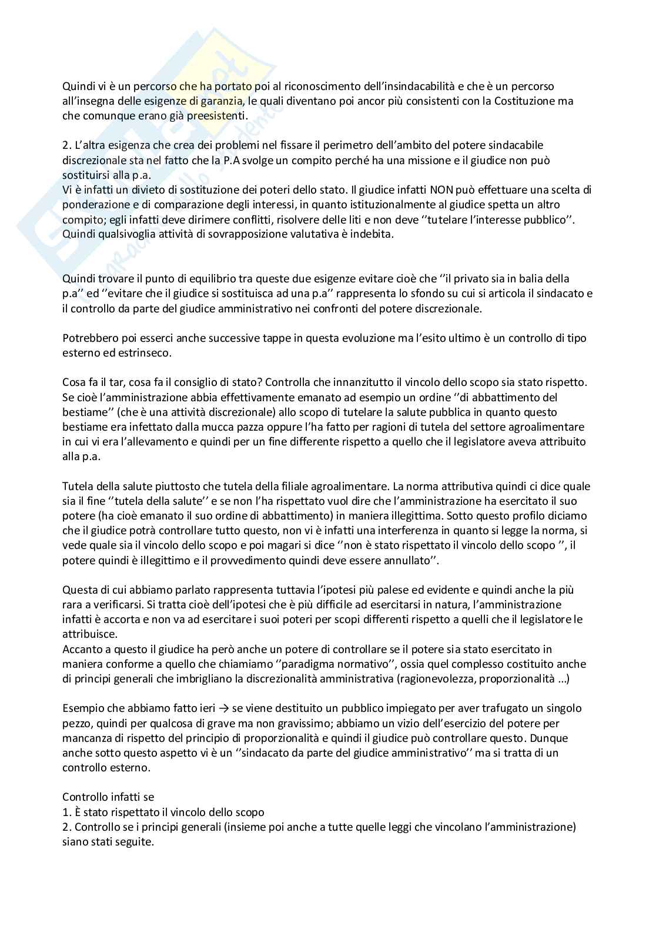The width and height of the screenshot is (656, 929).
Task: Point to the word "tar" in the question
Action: click(116, 382)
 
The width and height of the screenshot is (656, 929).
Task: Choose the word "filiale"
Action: click(297, 487)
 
